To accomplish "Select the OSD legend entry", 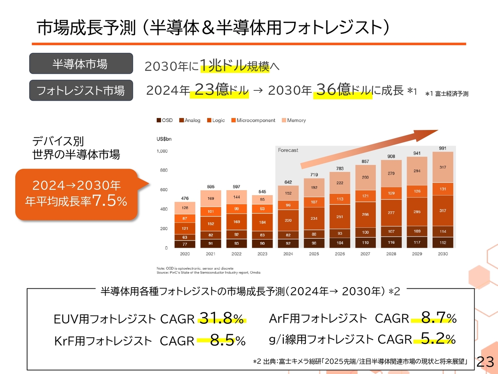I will tap(165, 120).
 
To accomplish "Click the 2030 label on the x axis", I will tap(443, 254).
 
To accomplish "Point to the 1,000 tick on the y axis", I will tap(162, 151).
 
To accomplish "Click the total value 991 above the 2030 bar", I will tap(443, 148).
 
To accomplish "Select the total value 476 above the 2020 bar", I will tap(185, 198).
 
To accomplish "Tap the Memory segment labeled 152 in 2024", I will tap(288, 193).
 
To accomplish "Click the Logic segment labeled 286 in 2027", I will tap(365, 214).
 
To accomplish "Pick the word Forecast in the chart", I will tap(288, 150).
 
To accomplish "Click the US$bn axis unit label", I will tap(164, 139).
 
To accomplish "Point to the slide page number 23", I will tap(485, 362).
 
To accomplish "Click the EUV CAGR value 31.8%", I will tap(221, 318).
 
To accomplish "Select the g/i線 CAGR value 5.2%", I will tap(438, 339).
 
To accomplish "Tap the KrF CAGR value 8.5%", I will tap(228, 340).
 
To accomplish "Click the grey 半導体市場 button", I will tap(81, 64).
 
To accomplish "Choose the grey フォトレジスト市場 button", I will tap(81, 90).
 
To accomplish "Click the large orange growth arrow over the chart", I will tap(370, 148).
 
